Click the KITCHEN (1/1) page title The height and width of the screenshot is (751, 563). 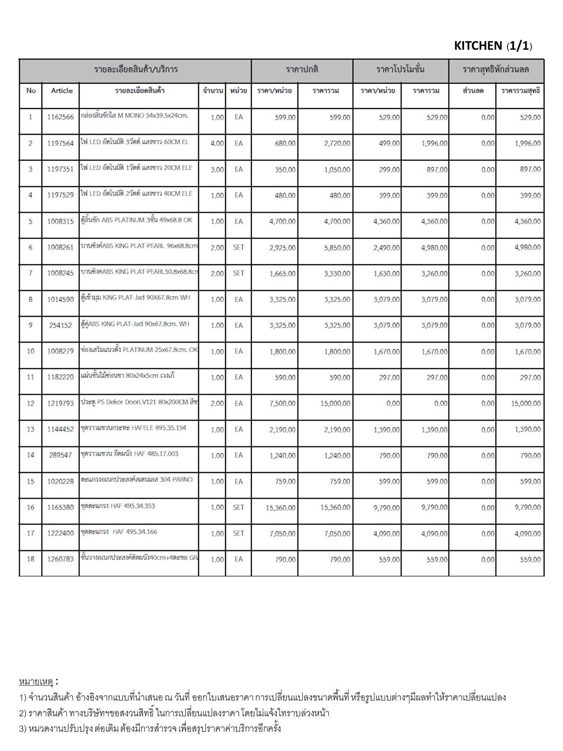(x=493, y=46)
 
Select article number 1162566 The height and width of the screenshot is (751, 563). (x=60, y=117)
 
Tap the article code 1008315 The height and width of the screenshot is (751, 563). (x=60, y=221)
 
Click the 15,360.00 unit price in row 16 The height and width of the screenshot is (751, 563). (x=281, y=508)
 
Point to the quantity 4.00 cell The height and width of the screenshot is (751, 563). (x=217, y=143)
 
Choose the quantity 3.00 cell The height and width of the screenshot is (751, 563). (x=217, y=169)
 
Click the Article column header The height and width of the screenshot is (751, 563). (x=62, y=91)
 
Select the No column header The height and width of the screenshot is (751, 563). (x=31, y=91)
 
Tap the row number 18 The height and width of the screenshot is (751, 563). (x=30, y=559)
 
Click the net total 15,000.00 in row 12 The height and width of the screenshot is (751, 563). (x=526, y=403)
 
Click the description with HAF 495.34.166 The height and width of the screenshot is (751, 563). (x=119, y=532)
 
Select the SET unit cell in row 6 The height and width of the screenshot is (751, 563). (x=238, y=248)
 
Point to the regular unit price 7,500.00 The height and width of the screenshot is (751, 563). (x=282, y=403)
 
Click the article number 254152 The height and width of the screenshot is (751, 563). (x=60, y=325)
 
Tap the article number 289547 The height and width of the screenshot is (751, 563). (x=60, y=455)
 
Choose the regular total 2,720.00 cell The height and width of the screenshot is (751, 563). (x=337, y=143)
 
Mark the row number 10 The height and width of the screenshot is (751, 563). (x=30, y=351)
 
